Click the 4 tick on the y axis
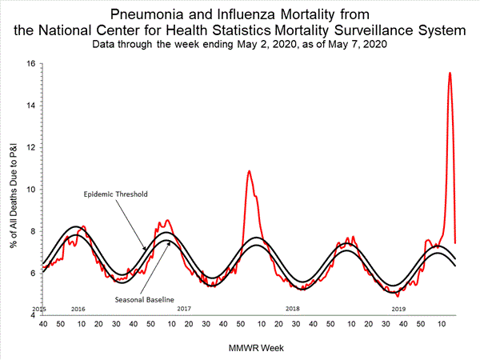tap(33, 314)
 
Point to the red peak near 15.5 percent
tap(450, 73)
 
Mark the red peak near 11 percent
tap(250, 170)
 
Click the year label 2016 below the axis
tap(78, 308)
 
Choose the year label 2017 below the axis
tap(184, 308)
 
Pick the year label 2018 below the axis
tap(292, 308)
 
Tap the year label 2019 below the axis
tap(398, 308)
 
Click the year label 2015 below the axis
tap(38, 308)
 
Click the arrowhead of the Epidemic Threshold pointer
tap(146, 250)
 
